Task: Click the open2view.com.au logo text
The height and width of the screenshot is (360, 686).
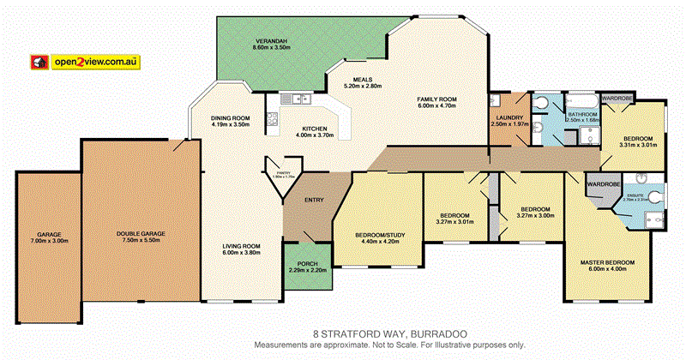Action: pyautogui.click(x=96, y=62)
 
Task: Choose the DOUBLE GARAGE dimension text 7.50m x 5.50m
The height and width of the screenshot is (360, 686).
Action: pyautogui.click(x=141, y=241)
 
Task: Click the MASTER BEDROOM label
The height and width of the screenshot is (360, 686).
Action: pyautogui.click(x=606, y=262)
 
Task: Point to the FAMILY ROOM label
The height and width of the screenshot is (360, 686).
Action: pyautogui.click(x=436, y=99)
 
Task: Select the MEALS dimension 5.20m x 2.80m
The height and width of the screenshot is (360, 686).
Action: pyautogui.click(x=362, y=86)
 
